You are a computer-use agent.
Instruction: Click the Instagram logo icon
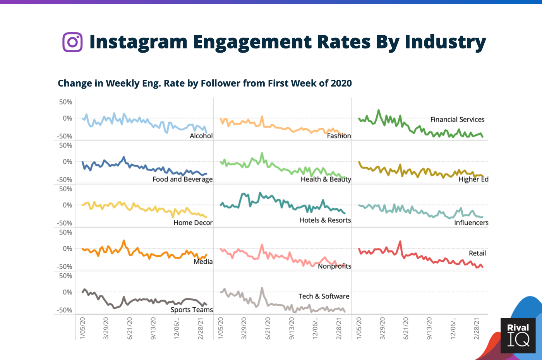[72, 42]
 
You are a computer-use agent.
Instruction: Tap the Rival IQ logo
[518, 335]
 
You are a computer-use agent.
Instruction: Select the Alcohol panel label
[201, 136]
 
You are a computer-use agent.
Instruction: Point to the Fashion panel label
[339, 136]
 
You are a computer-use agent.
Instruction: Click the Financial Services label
[457, 120]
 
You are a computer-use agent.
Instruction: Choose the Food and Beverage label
[182, 179]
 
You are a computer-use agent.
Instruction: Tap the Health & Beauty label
[326, 179]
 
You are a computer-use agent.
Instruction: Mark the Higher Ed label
[473, 179]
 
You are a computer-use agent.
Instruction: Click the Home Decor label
[193, 223]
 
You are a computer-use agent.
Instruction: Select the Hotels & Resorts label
[325, 220]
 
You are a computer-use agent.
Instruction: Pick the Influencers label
[471, 223]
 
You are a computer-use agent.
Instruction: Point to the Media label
[203, 262]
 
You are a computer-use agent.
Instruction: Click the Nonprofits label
[334, 266]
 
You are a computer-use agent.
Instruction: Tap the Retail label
[477, 253]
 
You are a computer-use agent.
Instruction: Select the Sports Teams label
[192, 310]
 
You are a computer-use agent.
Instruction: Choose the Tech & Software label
[324, 296]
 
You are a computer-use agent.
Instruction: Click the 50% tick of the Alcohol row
[65, 102]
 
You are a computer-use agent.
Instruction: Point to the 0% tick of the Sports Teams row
[67, 292]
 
